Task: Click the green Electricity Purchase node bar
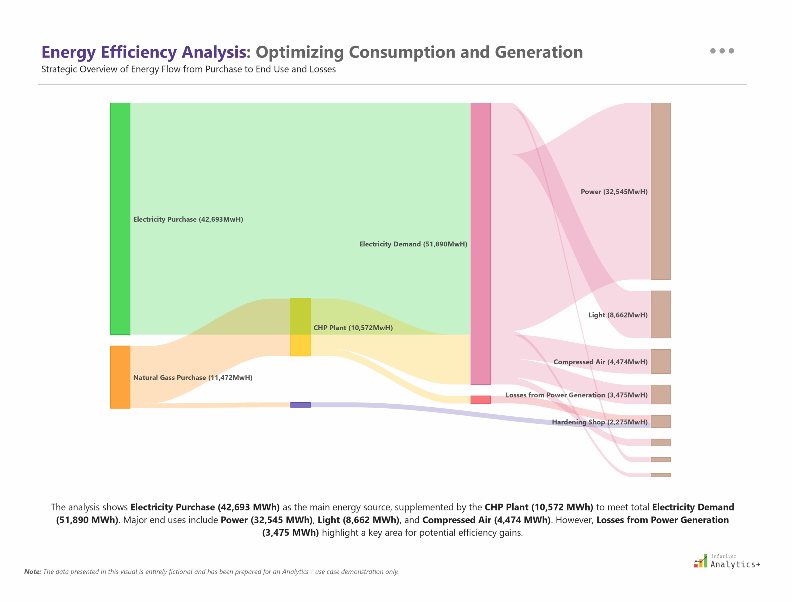[x=120, y=219]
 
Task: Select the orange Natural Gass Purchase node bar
[x=120, y=377]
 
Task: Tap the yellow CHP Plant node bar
[x=300, y=327]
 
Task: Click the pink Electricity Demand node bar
[x=480, y=244]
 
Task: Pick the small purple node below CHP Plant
[x=300, y=405]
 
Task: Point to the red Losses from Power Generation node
[x=480, y=400]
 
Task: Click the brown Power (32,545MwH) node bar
[x=661, y=191]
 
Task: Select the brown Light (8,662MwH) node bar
[x=661, y=314]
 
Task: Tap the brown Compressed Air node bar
[x=661, y=361]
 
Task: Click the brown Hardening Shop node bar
[x=661, y=422]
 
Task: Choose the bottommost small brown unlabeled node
[x=661, y=475]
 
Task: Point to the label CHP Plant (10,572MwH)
[x=353, y=328]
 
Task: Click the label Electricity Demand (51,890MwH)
[x=413, y=244]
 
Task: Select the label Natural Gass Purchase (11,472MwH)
[x=193, y=377]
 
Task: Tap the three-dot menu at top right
[x=722, y=51]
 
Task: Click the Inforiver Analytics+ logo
[x=726, y=561]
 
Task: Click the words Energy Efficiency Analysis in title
[x=145, y=52]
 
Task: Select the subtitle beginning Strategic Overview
[x=188, y=69]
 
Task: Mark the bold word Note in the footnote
[x=32, y=572]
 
